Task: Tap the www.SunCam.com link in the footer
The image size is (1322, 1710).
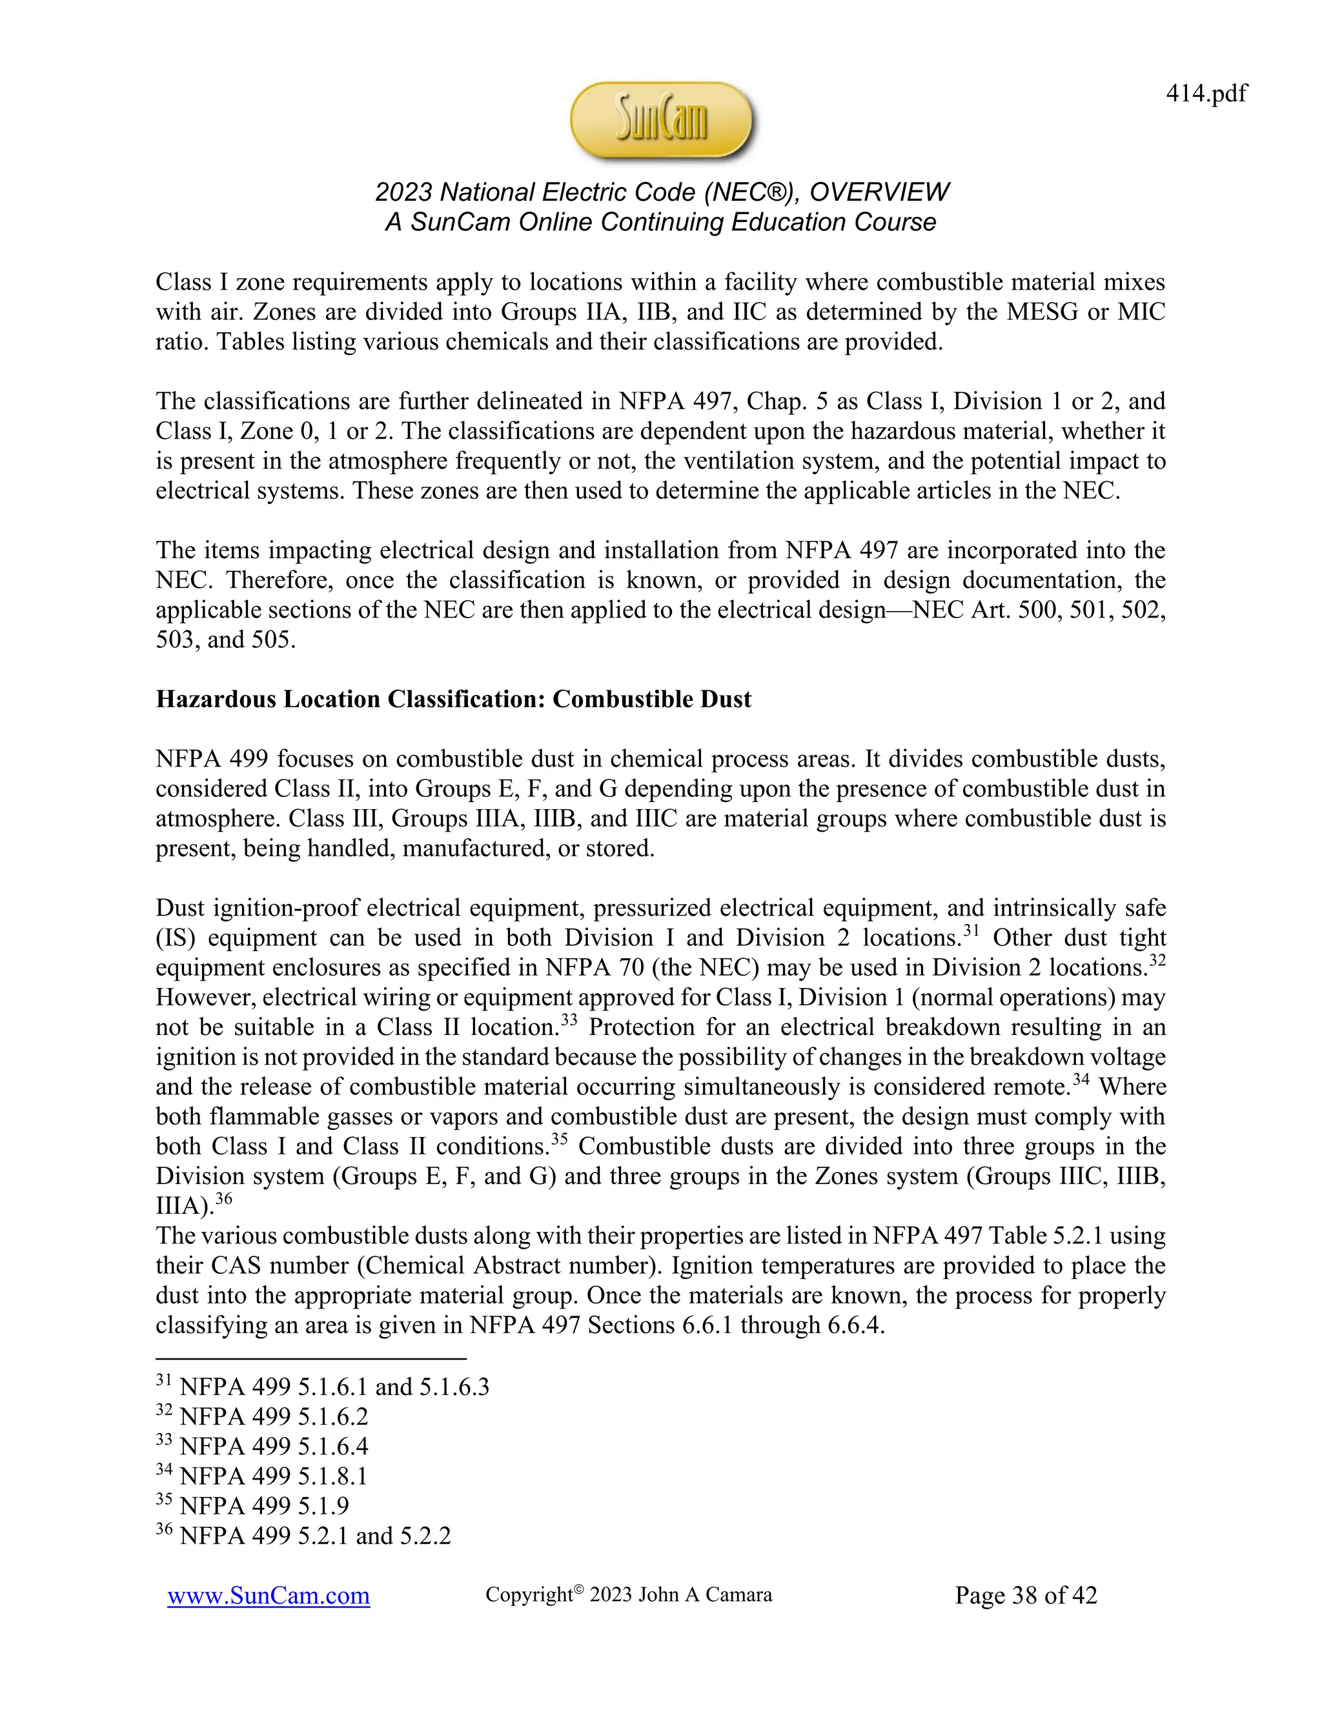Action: (268, 1595)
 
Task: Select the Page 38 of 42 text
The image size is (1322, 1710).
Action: (1025, 1595)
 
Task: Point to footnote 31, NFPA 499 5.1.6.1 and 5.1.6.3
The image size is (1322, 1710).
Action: (323, 1387)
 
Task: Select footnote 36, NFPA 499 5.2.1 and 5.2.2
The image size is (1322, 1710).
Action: (304, 1535)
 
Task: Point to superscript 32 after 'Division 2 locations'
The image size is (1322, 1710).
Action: (1157, 961)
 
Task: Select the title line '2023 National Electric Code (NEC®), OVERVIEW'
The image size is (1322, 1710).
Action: (661, 192)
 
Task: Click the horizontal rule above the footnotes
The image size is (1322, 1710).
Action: (311, 1358)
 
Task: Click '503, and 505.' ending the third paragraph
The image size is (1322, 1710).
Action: (225, 639)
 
